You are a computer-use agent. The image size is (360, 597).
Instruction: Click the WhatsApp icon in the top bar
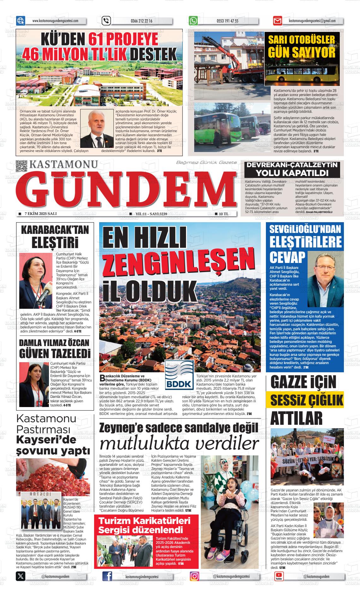coord(193,21)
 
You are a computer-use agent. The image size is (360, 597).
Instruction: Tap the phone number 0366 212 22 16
coord(141,21)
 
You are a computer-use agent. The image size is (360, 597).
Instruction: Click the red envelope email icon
coord(277,21)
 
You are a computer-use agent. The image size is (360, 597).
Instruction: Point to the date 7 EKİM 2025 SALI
coord(40,214)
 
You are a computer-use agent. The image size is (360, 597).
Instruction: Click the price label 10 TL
coord(223,214)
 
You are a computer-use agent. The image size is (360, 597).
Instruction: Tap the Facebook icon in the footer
coord(107,576)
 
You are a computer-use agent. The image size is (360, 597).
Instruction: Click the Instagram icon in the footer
coord(195,576)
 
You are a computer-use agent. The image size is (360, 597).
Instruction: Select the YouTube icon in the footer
coord(279,576)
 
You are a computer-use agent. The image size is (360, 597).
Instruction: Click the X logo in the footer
coord(21,576)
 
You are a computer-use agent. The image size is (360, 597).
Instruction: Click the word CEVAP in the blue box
coord(288,257)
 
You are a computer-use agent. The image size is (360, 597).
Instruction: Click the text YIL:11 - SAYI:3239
coord(151,214)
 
